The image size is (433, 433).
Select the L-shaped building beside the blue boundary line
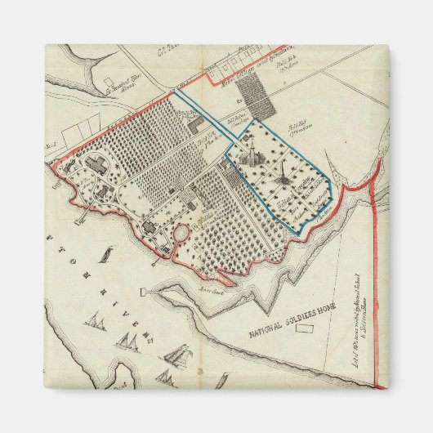coord(196,125)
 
